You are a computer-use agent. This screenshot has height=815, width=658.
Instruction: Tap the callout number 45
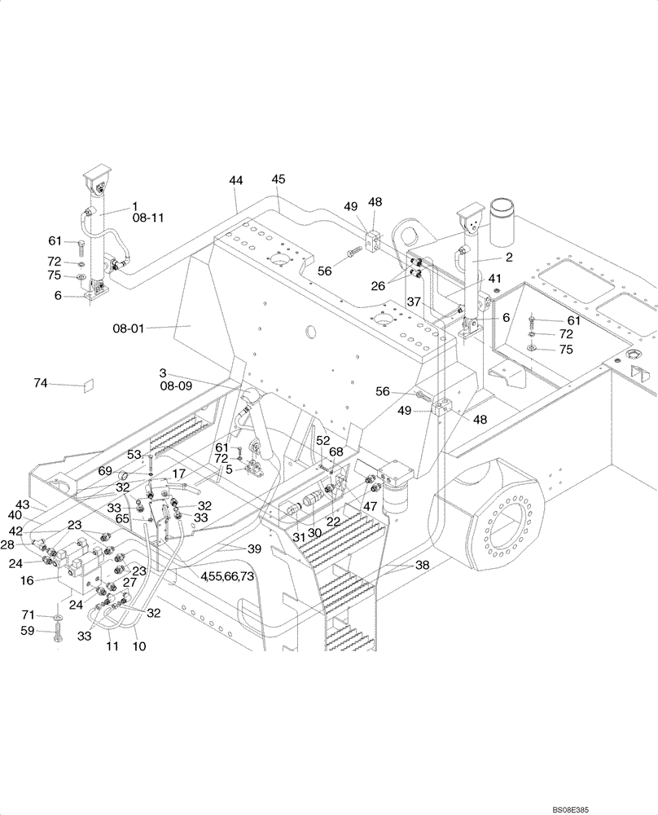279,179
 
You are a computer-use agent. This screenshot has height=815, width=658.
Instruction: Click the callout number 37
415,302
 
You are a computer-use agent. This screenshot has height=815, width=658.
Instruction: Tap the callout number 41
494,279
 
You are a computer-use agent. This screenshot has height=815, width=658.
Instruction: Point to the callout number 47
371,507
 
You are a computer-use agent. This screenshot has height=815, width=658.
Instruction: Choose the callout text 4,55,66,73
227,576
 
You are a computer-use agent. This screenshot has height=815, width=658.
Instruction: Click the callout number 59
50,630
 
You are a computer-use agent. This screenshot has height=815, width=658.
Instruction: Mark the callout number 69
105,471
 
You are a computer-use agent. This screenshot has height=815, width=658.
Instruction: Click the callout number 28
28,544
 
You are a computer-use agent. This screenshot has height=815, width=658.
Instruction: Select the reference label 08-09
175,386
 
